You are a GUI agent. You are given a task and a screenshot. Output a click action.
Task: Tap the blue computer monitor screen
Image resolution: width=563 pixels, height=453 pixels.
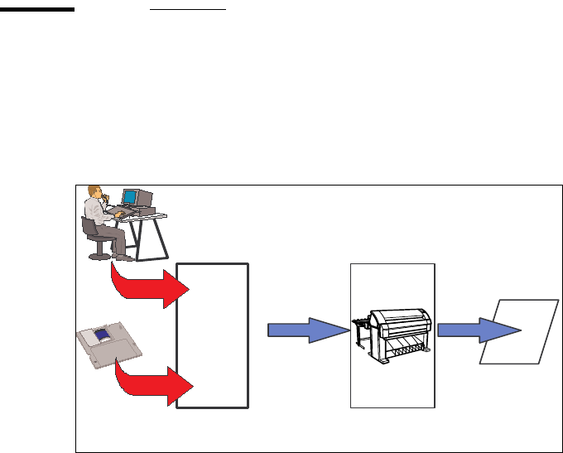[x=129, y=197]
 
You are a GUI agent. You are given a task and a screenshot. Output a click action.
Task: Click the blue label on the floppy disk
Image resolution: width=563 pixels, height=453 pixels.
[x=103, y=335]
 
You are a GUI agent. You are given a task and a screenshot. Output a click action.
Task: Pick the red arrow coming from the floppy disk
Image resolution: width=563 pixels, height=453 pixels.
[x=157, y=383]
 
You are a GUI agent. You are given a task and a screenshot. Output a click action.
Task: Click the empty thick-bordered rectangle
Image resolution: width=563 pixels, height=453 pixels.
[x=213, y=335]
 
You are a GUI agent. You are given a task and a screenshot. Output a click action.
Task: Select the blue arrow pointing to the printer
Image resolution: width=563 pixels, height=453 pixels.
[x=307, y=330]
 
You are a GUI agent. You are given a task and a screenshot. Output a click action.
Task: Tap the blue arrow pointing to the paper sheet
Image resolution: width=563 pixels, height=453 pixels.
[x=478, y=330]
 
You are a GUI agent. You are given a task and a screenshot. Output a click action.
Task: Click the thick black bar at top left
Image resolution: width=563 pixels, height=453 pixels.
[x=38, y=10]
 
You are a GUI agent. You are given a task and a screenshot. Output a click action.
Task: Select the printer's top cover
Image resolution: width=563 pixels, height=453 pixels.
[x=398, y=318]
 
